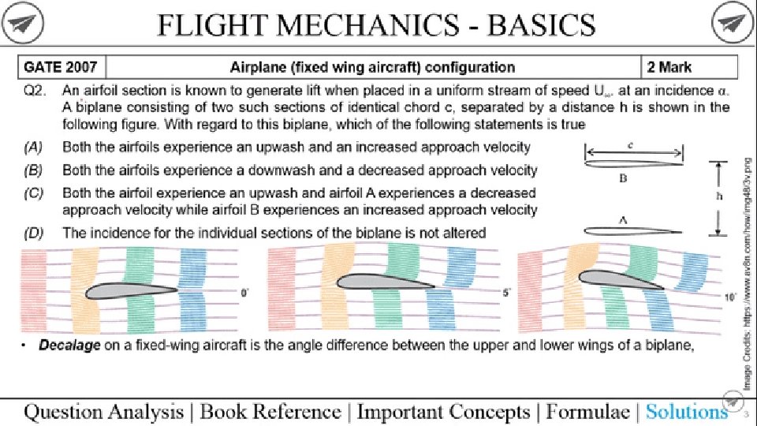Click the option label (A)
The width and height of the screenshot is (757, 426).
(33, 147)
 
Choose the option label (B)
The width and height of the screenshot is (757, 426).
(33, 170)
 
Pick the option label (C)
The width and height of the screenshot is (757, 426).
(33, 192)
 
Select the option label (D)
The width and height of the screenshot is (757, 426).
(33, 232)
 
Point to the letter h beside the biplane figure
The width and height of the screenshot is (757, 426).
(718, 198)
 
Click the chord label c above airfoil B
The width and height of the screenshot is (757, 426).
(634, 145)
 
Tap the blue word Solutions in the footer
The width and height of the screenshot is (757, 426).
(686, 411)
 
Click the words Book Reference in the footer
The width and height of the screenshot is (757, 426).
(270, 411)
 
